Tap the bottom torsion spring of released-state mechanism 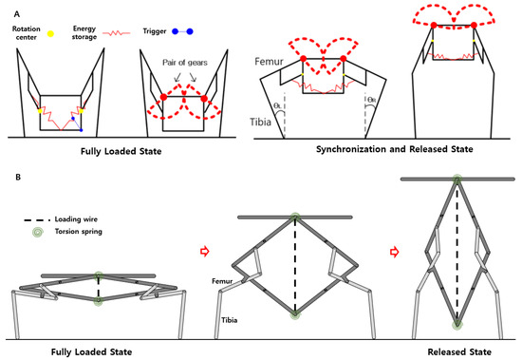[457, 324]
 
